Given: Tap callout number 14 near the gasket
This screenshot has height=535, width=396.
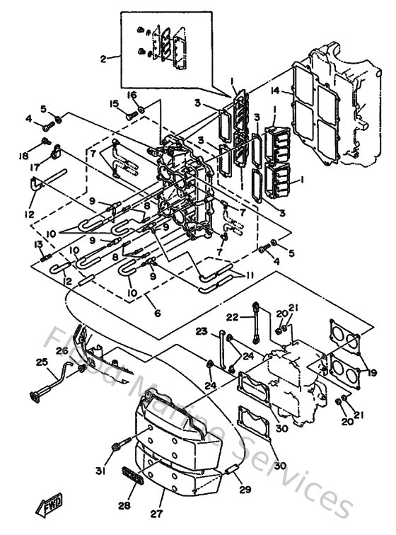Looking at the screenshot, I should coord(275,90).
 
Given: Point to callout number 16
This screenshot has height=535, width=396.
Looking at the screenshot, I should coord(132,94).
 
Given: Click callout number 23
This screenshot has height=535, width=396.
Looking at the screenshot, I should coord(202,330).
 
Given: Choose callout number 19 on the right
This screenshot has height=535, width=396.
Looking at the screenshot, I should coord(373,369).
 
